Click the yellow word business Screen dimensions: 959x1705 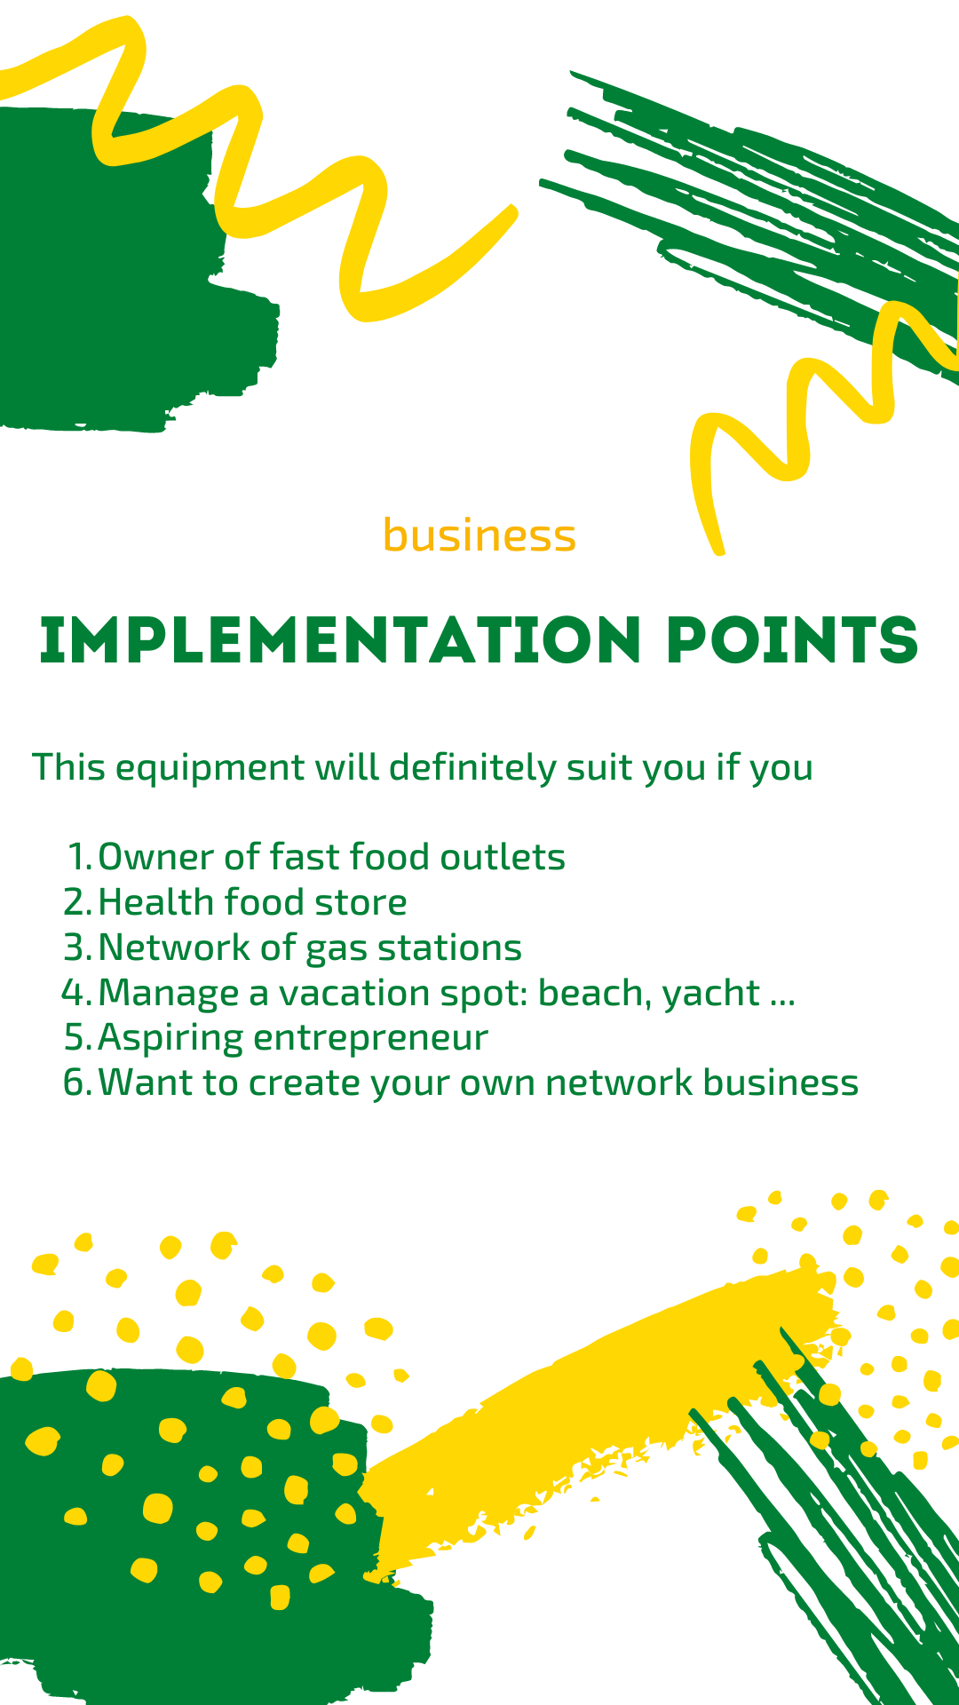pyautogui.click(x=479, y=535)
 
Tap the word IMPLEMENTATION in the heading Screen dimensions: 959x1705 pyautogui.click(x=341, y=639)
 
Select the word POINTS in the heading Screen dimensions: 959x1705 pyautogui.click(x=793, y=639)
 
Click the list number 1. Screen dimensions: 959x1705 pyautogui.click(x=80, y=857)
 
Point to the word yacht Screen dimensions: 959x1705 pyautogui.click(x=711, y=995)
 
